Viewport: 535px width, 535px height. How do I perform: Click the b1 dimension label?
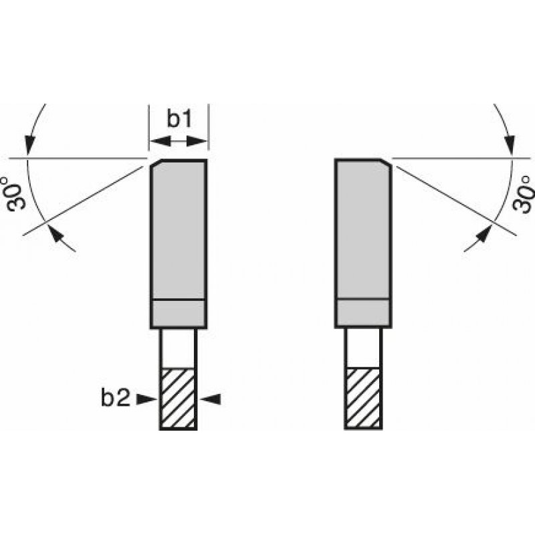179,119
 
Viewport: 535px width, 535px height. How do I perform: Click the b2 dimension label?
116,398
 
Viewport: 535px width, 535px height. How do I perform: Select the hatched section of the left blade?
178,398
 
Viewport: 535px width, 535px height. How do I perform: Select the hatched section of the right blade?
363,398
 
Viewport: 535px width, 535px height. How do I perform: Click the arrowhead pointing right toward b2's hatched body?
146,399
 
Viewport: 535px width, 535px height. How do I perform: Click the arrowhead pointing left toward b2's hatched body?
210,399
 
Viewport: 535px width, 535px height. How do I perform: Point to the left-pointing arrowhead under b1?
160,141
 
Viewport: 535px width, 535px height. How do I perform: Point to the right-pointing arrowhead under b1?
197,141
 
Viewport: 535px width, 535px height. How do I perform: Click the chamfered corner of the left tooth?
156,163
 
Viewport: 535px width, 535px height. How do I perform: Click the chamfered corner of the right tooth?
386,163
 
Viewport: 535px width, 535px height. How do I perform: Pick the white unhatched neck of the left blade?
178,348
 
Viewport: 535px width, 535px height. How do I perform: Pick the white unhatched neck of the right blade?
363,348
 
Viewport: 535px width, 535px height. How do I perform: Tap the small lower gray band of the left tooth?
179,313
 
